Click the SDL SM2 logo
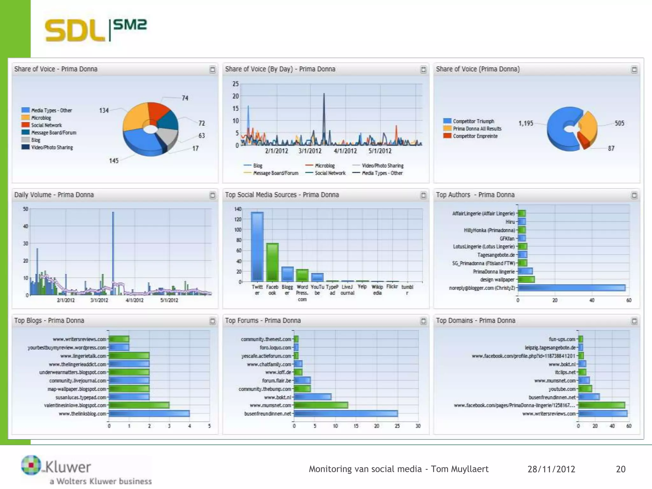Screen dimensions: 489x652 [96, 30]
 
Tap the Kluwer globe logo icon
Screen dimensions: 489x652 [31, 465]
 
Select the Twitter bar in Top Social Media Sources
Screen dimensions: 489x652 [257, 247]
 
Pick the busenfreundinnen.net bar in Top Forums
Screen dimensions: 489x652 [345, 414]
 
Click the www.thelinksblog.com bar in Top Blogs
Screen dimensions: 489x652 [149, 414]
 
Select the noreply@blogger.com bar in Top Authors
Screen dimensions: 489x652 [571, 288]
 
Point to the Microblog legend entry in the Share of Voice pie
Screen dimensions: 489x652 [41, 118]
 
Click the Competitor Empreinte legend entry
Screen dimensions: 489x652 [475, 136]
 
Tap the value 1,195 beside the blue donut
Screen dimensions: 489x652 [526, 123]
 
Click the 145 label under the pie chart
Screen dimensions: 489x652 [114, 161]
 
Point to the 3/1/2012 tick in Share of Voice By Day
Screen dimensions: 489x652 [310, 151]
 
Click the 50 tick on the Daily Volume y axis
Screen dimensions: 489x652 [25, 209]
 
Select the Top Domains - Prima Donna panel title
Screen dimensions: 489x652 [475, 321]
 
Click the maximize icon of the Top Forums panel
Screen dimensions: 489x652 [423, 321]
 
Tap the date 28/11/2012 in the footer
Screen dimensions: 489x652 [551, 469]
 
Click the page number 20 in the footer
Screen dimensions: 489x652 [620, 469]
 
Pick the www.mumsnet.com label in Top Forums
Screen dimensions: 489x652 [270, 405]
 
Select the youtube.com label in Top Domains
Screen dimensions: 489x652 [562, 389]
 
